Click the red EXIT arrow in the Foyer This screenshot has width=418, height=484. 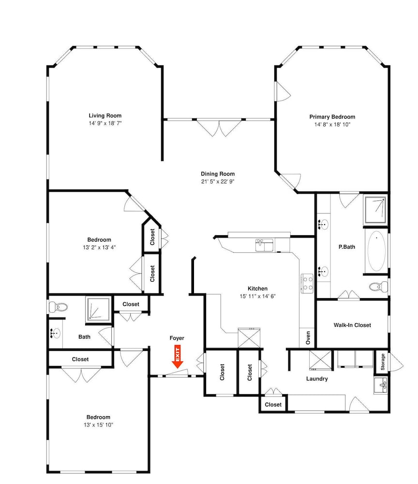178,357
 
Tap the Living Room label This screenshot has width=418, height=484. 105,116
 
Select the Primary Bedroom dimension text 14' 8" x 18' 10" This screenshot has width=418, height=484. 332,124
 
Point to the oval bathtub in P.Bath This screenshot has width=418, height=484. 376,251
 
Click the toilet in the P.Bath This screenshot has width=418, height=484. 379,287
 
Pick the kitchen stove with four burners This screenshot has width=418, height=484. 307,283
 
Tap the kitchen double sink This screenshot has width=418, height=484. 264,245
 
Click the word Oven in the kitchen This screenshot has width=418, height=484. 308,338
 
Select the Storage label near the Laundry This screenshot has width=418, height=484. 383,362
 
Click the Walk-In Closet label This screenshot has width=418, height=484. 352,325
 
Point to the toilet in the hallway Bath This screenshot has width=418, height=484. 58,307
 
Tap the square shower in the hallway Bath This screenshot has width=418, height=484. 98,309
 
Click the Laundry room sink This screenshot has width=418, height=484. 381,385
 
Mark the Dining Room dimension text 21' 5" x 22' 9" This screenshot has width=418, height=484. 218,181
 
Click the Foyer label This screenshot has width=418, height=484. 177,338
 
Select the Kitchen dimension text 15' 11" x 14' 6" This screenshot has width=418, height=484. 257,296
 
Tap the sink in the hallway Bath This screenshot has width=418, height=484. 56,333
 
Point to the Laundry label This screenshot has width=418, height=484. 317,379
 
